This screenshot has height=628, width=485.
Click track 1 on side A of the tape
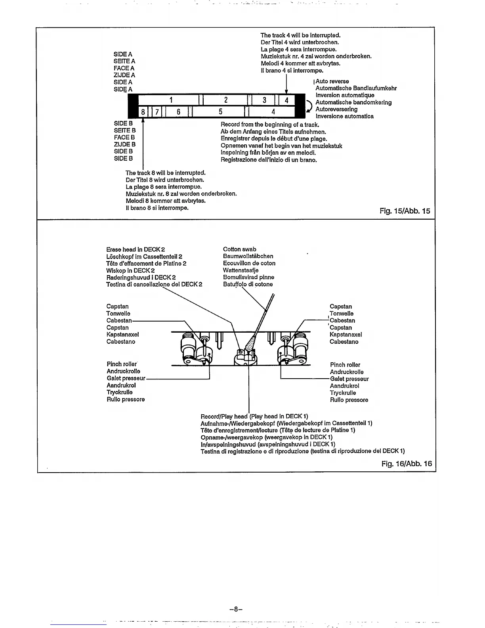pyautogui.click(x=171, y=100)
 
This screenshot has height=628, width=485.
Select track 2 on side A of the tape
pyautogui.click(x=225, y=100)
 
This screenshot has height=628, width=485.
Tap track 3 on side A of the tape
pyautogui.click(x=264, y=100)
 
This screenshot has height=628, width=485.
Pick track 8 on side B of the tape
pyautogui.click(x=143, y=112)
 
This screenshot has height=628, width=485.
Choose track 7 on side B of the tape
pyautogui.click(x=157, y=112)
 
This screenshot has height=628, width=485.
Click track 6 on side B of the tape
pyautogui.click(x=178, y=112)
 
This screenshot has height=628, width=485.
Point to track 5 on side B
pyautogui.click(x=220, y=112)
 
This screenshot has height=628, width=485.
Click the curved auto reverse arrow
pyautogui.click(x=309, y=106)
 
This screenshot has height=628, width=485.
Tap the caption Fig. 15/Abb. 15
pyautogui.click(x=405, y=211)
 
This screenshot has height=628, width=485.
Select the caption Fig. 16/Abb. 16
pyautogui.click(x=407, y=463)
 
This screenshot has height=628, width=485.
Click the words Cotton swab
pyautogui.click(x=239, y=249)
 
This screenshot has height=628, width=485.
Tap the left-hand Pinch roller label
pyautogui.click(x=122, y=364)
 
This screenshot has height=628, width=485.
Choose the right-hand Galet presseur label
pyautogui.click(x=349, y=379)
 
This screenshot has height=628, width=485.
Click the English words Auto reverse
pyautogui.click(x=332, y=81)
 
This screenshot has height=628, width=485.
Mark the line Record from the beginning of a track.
pyautogui.click(x=269, y=125)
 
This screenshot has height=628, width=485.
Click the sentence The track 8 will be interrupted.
pyautogui.click(x=166, y=173)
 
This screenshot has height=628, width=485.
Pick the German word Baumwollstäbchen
pyautogui.click(x=248, y=256)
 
